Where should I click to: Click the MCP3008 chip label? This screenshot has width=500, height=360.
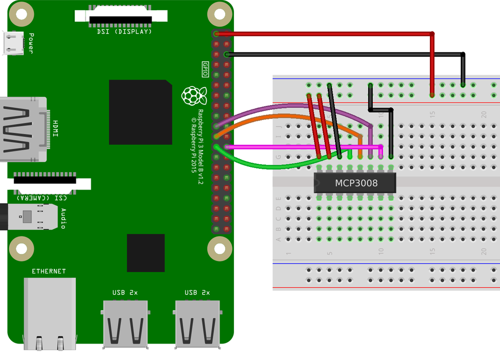coord(356,183)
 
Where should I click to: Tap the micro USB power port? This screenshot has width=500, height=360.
coord(12,43)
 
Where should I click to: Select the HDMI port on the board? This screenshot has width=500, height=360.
coord(23,129)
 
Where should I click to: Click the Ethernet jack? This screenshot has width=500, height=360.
coord(49,312)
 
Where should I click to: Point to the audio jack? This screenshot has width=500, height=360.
coord(31,216)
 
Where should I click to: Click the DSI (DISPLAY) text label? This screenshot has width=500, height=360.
coord(124,32)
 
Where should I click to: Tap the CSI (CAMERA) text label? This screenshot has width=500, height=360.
coord(41,197)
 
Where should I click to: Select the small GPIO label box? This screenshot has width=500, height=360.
coord(205,70)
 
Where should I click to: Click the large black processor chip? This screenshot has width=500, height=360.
coord(140,112)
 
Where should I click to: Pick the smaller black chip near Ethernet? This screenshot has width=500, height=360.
coord(146,252)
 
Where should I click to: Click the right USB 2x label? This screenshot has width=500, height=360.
coord(197,293)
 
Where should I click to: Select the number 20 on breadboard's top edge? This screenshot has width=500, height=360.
coord(484,114)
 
